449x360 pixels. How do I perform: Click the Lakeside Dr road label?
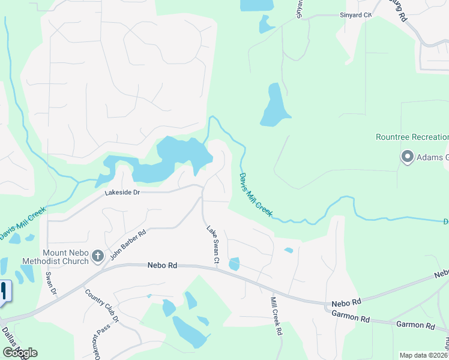(122, 193)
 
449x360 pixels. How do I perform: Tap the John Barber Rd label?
(128, 245)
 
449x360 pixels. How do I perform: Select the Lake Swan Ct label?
(213, 245)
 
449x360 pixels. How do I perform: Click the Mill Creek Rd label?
(276, 316)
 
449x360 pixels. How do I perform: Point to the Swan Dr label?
(51, 283)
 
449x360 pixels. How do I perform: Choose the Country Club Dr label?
(102, 307)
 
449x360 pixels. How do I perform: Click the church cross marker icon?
(97, 257)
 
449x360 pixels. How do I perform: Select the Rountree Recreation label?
(412, 137)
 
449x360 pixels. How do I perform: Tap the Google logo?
(20, 353)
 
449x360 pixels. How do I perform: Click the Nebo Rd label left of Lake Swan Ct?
(163, 265)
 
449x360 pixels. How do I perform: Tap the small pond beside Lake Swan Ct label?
(234, 263)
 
